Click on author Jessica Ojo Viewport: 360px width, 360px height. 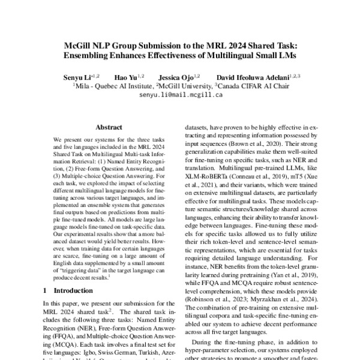179,77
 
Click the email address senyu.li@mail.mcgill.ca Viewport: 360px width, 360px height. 179,95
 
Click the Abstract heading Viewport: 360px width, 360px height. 109,127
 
